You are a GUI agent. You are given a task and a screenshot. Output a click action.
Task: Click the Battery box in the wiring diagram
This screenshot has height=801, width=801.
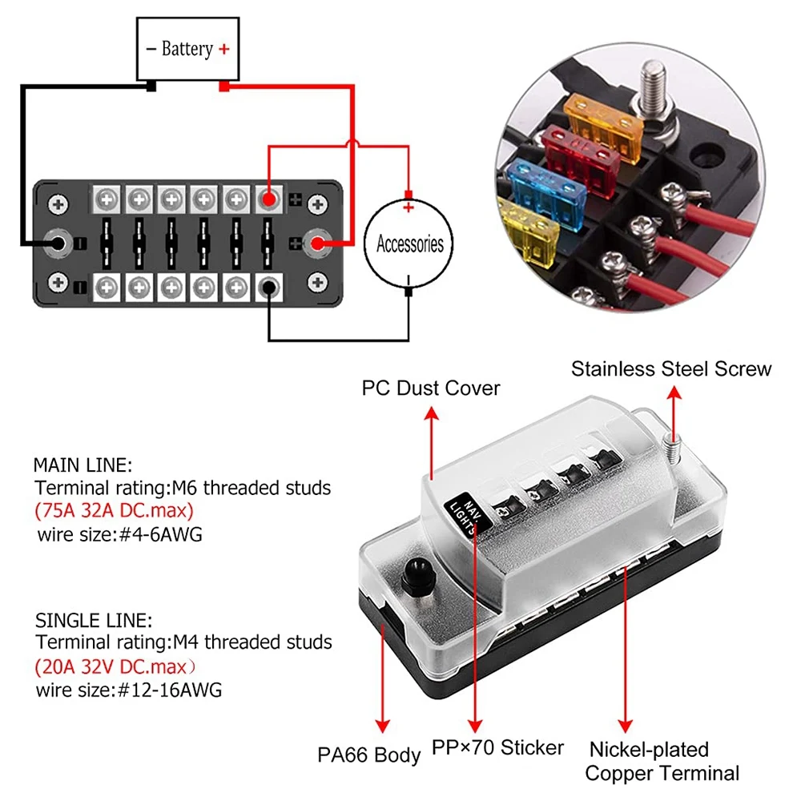(x=188, y=50)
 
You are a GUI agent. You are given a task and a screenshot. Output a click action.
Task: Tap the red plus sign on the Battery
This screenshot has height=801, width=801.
(x=223, y=49)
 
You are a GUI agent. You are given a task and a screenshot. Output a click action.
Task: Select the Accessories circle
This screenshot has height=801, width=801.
(x=409, y=243)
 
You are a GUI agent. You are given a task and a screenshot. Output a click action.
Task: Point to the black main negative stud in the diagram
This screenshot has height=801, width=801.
(x=57, y=241)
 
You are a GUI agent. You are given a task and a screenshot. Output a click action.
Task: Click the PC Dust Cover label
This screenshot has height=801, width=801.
(x=431, y=388)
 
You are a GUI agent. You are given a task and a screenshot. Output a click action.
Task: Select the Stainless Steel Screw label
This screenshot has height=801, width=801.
(x=670, y=368)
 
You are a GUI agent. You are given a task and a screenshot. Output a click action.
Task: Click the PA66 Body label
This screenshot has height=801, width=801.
(x=368, y=754)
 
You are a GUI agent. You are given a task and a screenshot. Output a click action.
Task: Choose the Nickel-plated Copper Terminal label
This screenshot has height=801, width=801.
(x=662, y=761)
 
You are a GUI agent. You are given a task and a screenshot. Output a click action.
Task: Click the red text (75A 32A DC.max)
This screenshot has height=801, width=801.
(x=115, y=510)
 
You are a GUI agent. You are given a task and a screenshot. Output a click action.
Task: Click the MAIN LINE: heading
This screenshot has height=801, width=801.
(x=83, y=465)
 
